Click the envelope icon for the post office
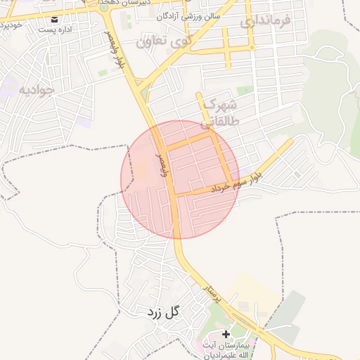[56, 20]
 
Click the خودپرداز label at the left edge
[10, 25]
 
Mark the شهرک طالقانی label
[219, 112]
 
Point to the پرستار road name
[212, 294]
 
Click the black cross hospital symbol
[226, 334]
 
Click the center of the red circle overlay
[180, 180]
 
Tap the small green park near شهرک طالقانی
[244, 91]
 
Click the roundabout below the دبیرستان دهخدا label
[104, 8]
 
